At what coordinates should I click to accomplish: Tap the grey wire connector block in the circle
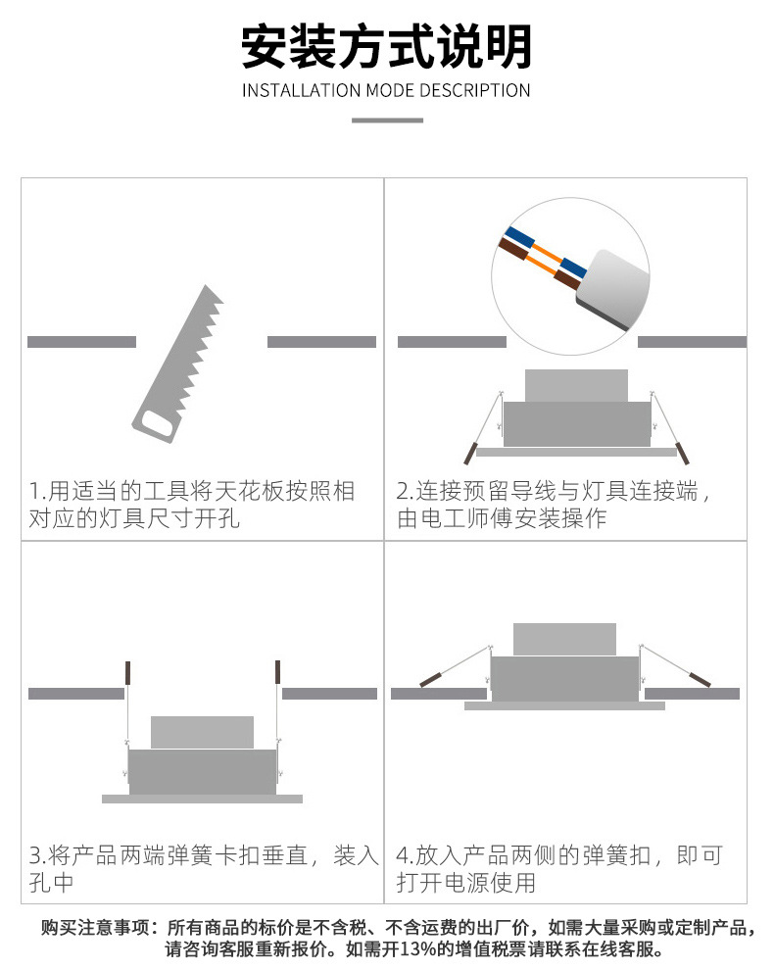click(613, 288)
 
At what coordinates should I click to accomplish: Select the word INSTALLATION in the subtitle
click(302, 90)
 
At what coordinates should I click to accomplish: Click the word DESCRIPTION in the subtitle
click(474, 90)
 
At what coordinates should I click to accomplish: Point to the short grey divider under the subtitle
click(387, 120)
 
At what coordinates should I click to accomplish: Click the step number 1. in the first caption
click(38, 491)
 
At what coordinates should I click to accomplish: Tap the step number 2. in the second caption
click(406, 491)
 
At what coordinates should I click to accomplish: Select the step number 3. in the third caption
click(38, 855)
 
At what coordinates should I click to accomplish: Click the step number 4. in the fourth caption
click(406, 855)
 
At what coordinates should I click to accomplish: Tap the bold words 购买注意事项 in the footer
click(95, 927)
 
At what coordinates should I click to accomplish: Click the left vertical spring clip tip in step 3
click(128, 672)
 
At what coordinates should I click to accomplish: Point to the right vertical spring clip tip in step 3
click(278, 672)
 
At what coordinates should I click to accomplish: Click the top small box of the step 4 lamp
click(564, 639)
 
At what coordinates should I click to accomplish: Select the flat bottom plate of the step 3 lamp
click(202, 800)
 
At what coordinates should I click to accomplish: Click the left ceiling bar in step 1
click(81, 342)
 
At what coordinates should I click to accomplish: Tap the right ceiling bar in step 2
click(692, 342)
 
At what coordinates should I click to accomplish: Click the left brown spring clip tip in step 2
click(471, 453)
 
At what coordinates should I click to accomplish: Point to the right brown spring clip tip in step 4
click(700, 680)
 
